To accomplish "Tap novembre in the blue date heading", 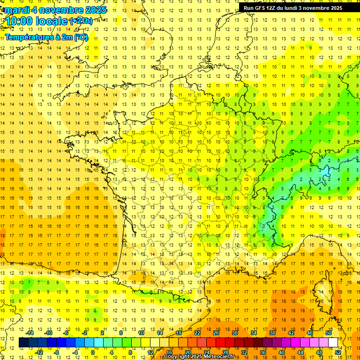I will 58,10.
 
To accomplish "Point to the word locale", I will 52,21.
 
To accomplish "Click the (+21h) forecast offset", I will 81,21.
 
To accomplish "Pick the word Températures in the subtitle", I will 28,37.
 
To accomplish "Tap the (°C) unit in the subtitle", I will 81,37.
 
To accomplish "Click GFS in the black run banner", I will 261,8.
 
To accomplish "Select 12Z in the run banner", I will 273,8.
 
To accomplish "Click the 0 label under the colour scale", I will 92,352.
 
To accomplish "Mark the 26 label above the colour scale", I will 216,333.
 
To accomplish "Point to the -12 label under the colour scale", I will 39,352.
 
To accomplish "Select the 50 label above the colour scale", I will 328,333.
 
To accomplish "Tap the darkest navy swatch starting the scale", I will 23,343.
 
